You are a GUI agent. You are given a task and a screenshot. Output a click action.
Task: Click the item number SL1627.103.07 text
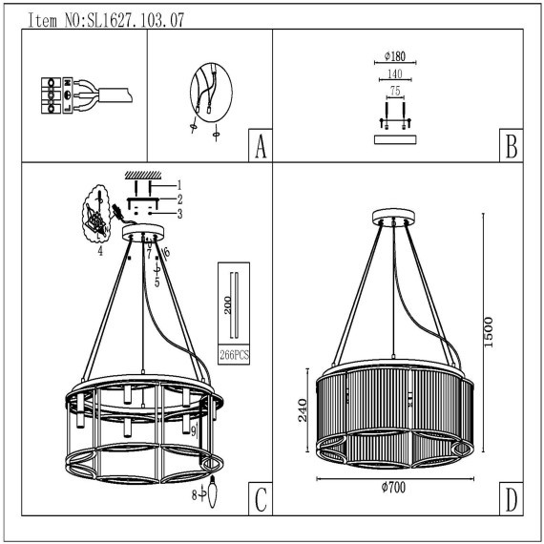136,20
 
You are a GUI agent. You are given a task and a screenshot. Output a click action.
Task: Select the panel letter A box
261,145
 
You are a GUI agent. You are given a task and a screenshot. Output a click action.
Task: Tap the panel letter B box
512,145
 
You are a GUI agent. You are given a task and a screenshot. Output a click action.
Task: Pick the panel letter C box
261,499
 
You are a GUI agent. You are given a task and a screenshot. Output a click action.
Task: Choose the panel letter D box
512,499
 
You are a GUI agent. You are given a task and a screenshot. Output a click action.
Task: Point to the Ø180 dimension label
395,56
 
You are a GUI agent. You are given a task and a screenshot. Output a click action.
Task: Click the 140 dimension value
395,73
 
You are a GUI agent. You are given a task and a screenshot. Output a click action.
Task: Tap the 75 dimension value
395,91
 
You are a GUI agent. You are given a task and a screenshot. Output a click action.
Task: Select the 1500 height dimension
489,332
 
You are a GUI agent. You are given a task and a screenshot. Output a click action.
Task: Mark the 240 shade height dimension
303,410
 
